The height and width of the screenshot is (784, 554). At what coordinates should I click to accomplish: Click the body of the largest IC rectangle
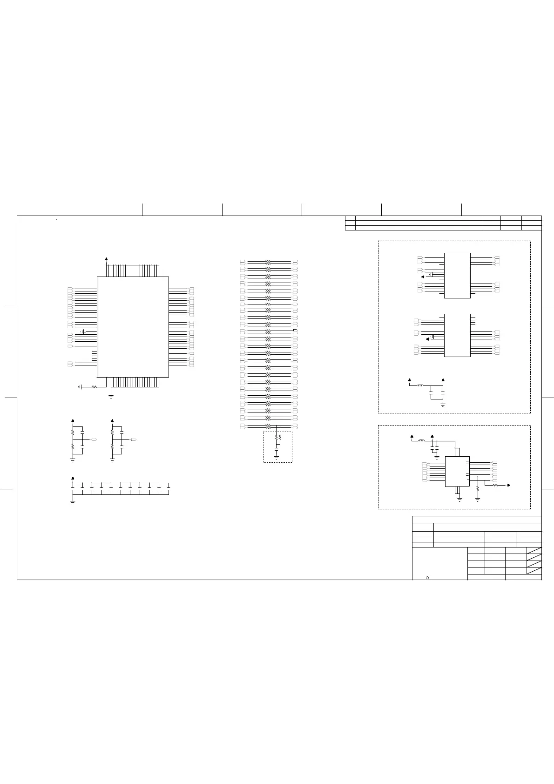(x=133, y=326)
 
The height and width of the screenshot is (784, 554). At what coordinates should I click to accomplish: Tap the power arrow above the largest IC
(x=107, y=259)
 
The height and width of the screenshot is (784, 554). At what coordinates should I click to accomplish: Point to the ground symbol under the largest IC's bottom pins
(x=111, y=396)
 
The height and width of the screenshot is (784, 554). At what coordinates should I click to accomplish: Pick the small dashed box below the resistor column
(x=277, y=447)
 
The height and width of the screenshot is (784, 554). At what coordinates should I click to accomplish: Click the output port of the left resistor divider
(x=95, y=439)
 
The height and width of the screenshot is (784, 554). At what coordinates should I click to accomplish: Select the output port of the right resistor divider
(x=134, y=439)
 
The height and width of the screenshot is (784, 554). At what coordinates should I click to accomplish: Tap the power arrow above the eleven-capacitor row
(x=73, y=478)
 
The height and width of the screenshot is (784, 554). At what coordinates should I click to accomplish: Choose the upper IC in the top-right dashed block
(x=457, y=275)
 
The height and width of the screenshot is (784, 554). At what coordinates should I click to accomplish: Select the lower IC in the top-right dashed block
(x=457, y=335)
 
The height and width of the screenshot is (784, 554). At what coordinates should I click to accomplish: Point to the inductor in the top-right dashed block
(x=420, y=385)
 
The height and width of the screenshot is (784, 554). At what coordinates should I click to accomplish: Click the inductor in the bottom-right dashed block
(x=422, y=440)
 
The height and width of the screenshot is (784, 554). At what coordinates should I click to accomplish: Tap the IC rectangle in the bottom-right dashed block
(x=457, y=471)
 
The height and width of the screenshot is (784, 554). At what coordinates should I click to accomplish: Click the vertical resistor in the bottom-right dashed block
(x=478, y=488)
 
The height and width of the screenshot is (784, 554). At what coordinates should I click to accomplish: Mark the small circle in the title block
(x=427, y=578)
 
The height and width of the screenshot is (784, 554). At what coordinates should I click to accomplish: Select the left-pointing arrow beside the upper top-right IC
(x=422, y=276)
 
